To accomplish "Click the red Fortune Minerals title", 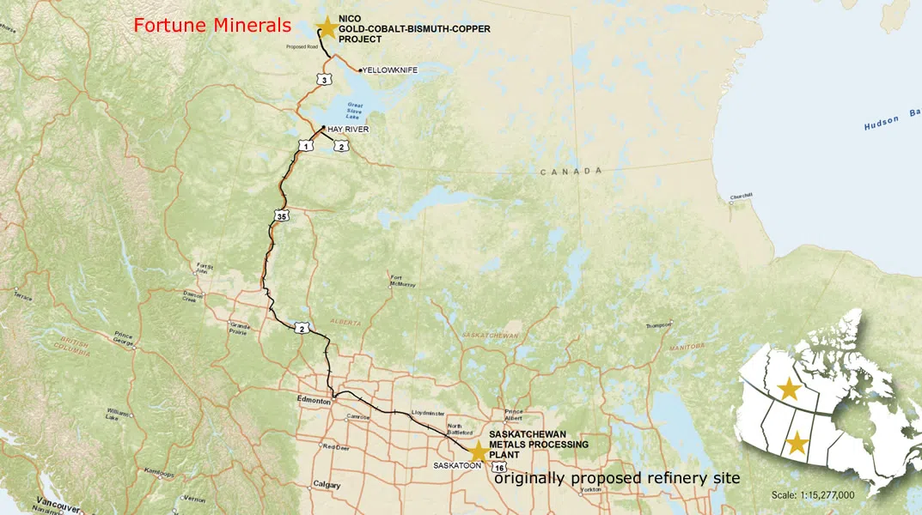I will click(x=212, y=26).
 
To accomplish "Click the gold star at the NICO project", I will click(x=327, y=28).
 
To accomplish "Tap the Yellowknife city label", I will click(x=390, y=70).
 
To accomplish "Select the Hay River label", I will click(x=348, y=129).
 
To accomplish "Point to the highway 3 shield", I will click(x=323, y=80).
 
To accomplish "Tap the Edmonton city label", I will click(x=314, y=401).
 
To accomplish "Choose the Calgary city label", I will click(x=327, y=484).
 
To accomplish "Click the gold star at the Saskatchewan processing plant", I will click(x=479, y=451).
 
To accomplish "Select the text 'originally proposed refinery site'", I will click(x=617, y=477).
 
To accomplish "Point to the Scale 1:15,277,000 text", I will click(x=813, y=495).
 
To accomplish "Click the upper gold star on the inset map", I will click(x=789, y=390).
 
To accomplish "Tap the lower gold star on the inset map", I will click(x=797, y=444).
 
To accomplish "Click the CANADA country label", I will click(x=571, y=172).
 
